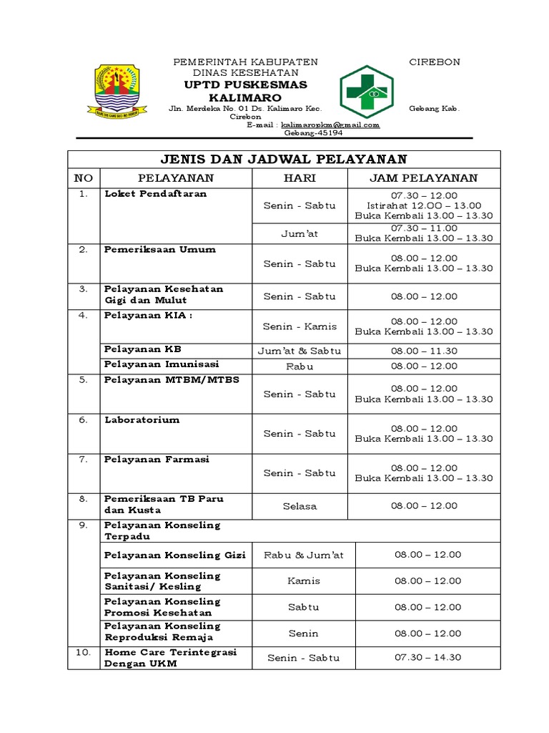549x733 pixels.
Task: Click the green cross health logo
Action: coord(365,91)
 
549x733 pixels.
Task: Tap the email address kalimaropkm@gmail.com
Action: coord(330,125)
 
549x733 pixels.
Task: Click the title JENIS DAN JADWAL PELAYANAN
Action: coord(284,159)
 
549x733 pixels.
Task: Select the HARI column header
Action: coord(300,178)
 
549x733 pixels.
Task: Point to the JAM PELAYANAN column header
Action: coord(424,178)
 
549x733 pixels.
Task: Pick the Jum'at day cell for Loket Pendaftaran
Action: coord(300,233)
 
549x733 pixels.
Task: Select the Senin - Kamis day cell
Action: coord(300,326)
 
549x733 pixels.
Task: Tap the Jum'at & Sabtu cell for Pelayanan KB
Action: coord(300,351)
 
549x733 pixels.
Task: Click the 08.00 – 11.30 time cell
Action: coord(424,351)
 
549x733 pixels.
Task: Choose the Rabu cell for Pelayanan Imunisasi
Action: coord(300,366)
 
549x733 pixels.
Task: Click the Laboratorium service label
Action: coord(142,419)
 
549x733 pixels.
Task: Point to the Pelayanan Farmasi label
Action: coord(157,459)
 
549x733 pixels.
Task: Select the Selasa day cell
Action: coord(300,506)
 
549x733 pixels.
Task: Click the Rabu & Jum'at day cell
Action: coord(304,555)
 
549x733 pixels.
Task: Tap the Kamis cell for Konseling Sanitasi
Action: coord(304,581)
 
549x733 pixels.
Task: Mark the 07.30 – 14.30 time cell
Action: coord(427,657)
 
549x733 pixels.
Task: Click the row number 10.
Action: coord(84,652)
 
